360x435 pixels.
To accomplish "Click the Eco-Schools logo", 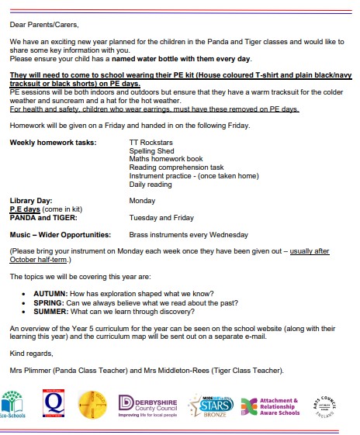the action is click(16, 403).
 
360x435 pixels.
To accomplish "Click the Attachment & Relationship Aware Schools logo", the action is click(268, 405).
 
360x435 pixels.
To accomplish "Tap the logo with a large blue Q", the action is click(55, 404).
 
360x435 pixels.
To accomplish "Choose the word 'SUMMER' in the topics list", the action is click(50, 311).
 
